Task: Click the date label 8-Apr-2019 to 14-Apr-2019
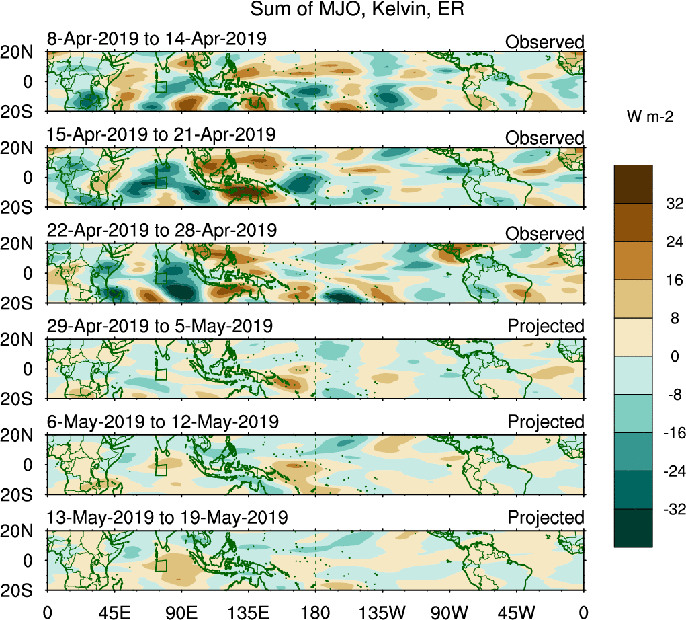157,40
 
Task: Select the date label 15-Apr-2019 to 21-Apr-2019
161,134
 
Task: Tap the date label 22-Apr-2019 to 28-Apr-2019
161,230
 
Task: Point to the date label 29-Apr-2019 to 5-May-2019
160,326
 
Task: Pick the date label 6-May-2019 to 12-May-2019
163,422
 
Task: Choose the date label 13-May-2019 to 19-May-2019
167,518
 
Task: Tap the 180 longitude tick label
315,611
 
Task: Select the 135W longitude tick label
382,611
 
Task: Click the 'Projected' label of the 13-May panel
546,518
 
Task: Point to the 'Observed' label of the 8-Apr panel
544,42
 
